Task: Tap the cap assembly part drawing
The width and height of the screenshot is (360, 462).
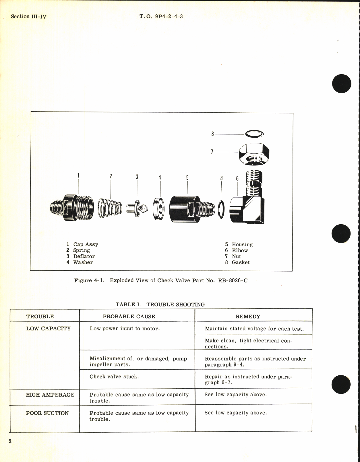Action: pos(72,207)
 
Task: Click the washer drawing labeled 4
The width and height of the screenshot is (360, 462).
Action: pos(159,209)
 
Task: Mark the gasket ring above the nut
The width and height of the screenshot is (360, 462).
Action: pos(254,134)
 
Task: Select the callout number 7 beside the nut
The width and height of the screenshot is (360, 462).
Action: pos(212,152)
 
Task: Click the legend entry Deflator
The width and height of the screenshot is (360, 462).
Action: pos(84,256)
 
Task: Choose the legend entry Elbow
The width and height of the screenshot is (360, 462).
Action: pos(240,250)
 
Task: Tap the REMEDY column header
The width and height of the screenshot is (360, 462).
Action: pos(248,317)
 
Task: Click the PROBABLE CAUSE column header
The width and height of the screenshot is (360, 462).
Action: pos(129,317)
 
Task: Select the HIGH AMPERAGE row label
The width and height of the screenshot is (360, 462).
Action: pos(50,395)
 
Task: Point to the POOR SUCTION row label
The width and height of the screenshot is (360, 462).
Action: pos(47,413)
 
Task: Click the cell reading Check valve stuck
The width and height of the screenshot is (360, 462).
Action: pos(114,377)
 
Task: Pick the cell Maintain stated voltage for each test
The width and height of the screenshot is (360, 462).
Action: pos(254,329)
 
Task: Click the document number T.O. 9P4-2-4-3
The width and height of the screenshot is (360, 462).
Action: pos(161,16)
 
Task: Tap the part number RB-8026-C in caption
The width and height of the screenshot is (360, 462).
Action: pos(233,280)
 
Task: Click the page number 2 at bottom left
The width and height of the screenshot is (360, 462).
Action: pos(10,441)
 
